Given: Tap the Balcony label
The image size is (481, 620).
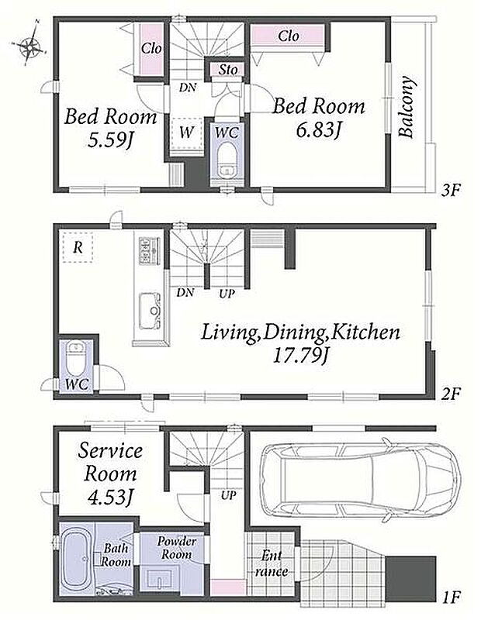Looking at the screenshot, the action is pyautogui.click(x=407, y=107).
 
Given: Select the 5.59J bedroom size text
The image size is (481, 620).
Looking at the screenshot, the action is pyautogui.click(x=109, y=140).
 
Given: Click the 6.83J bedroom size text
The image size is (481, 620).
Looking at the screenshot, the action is pyautogui.click(x=318, y=130).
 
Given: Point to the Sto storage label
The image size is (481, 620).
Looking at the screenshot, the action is pyautogui.click(x=228, y=70).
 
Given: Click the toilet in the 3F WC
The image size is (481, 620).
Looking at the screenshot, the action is pyautogui.click(x=227, y=161).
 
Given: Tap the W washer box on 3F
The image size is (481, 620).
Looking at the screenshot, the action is pyautogui.click(x=186, y=133).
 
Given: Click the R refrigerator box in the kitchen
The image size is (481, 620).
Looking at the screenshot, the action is pyautogui.click(x=78, y=247).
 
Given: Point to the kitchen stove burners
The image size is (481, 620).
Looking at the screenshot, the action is pyautogui.click(x=149, y=250).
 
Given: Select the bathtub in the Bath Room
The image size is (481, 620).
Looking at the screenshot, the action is pyautogui.click(x=78, y=560).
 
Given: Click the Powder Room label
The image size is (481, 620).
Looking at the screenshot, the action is pyautogui.click(x=176, y=547).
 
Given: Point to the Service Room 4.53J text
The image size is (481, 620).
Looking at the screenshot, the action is pyautogui.click(x=109, y=474).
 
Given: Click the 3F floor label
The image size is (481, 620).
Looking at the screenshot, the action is pyautogui.click(x=452, y=191).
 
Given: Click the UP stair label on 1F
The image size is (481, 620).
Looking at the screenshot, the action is pyautogui.click(x=228, y=495).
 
